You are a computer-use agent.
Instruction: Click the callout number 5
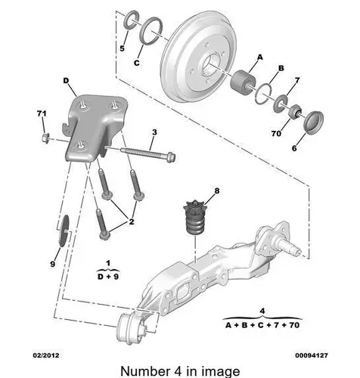coord(122,48)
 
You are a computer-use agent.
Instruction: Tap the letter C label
coord(137,63)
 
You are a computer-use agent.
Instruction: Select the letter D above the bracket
coord(66,81)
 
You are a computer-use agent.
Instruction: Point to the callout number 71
coord(42,113)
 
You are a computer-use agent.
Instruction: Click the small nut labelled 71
coord(45,138)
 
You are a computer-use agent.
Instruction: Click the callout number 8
coord(217,191)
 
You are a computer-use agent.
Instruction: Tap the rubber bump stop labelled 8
coord(194,218)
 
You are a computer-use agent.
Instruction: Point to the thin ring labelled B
coord(263,94)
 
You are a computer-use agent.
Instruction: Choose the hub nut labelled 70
coord(295,111)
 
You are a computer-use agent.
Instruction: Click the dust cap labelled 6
coord(314,121)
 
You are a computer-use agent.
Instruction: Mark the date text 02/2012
coord(46,355)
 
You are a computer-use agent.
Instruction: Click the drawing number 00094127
coord(312,355)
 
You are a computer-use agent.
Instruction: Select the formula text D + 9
coord(108,277)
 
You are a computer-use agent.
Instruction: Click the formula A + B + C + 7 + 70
coord(262,325)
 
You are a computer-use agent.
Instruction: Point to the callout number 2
coord(132,222)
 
